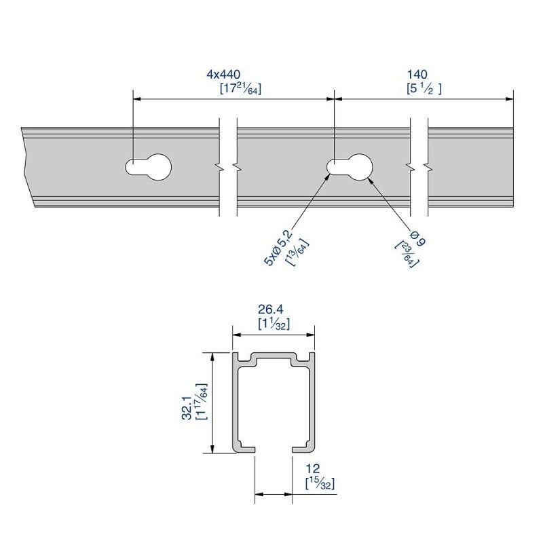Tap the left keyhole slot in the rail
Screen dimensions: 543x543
coord(149,166)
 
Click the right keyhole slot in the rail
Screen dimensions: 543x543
coord(350,166)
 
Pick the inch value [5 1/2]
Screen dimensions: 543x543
coord(425,88)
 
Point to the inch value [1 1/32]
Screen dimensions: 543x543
coord(274,324)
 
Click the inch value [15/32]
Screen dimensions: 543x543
coord(320,483)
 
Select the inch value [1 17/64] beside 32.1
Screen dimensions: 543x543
coord(200,401)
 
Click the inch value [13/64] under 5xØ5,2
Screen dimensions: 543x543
coord(297,254)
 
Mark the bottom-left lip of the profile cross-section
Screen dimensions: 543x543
coord(244,447)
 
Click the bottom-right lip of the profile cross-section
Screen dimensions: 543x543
coord(303,447)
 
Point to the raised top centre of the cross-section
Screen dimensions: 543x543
coord(274,356)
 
